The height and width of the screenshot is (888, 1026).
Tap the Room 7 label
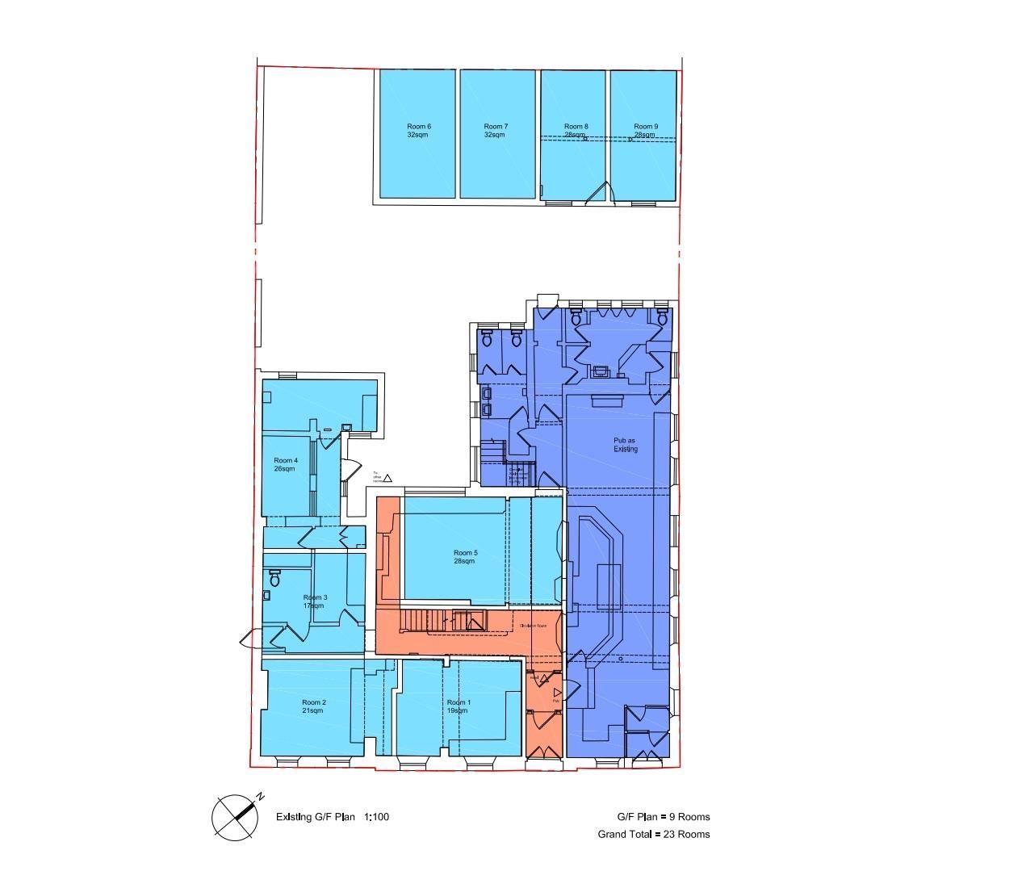pyautogui.click(x=496, y=127)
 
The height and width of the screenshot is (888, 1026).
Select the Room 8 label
pyautogui.click(x=576, y=127)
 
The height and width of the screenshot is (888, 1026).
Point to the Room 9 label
pyautogui.click(x=645, y=127)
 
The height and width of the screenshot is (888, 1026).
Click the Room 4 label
pyautogui.click(x=286, y=460)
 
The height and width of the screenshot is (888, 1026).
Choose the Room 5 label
pyautogui.click(x=466, y=553)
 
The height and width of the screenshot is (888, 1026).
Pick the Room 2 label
pyautogui.click(x=313, y=702)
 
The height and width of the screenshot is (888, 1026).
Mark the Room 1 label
pyautogui.click(x=458, y=702)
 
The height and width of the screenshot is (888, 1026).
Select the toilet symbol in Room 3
pyautogui.click(x=275, y=579)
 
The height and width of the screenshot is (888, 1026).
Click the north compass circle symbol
pyautogui.click(x=235, y=817)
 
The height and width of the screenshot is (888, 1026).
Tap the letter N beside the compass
pyautogui.click(x=261, y=797)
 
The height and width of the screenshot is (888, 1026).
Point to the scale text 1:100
pyautogui.click(x=377, y=817)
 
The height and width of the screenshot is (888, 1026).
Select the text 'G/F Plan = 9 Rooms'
pyautogui.click(x=664, y=817)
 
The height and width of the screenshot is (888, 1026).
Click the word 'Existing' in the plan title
pyautogui.click(x=294, y=817)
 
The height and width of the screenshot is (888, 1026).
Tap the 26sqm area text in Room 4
pyautogui.click(x=285, y=468)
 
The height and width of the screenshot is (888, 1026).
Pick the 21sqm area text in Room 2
pyautogui.click(x=313, y=710)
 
